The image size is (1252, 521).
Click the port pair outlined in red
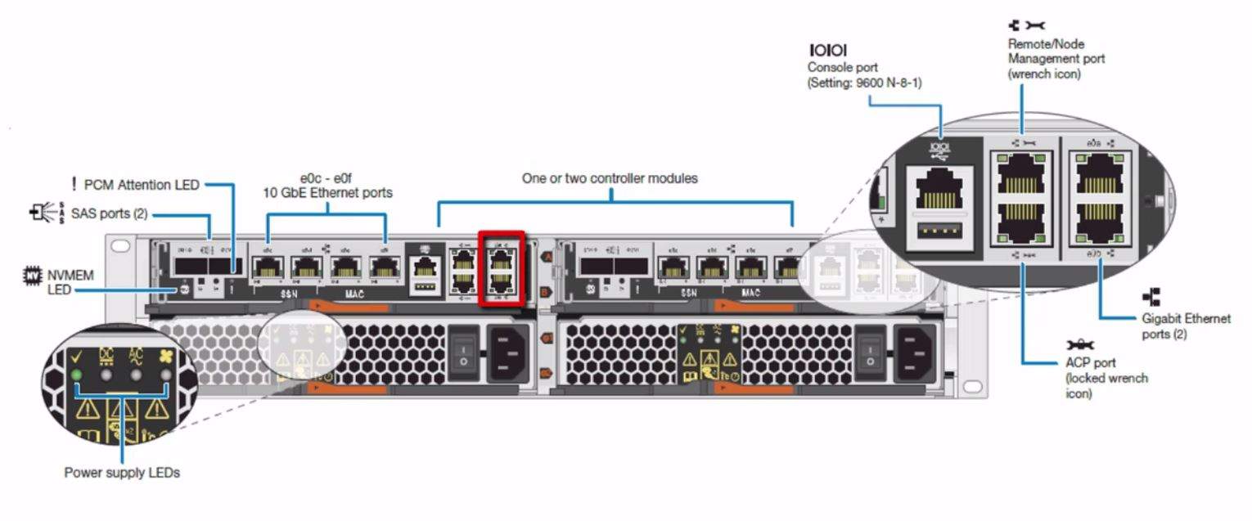(501, 268)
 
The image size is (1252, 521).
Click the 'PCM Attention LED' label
(141, 185)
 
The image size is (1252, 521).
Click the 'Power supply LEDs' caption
(122, 473)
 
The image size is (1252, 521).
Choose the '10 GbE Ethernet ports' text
(327, 193)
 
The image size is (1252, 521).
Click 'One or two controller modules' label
(610, 177)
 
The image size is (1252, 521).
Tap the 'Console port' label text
(843, 67)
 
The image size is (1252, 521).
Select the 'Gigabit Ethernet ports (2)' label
(1186, 326)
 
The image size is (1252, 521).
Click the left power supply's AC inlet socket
(508, 353)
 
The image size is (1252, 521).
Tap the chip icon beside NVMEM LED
(31, 277)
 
